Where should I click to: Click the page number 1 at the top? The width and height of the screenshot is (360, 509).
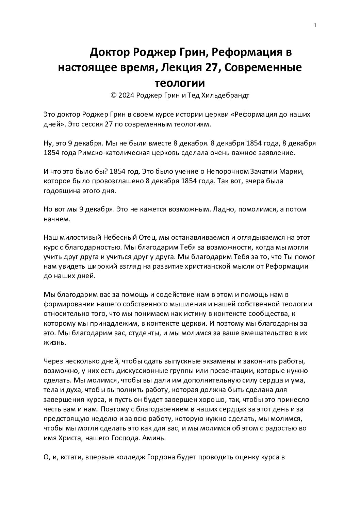click(315, 25)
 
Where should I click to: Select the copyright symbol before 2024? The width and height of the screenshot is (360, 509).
click(114, 95)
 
